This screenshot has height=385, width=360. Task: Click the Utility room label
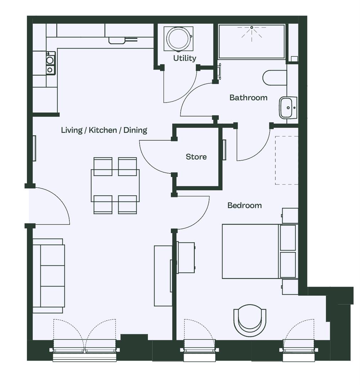point(185,58)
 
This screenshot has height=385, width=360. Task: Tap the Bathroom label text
point(249,97)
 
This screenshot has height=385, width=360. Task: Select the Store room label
point(196,156)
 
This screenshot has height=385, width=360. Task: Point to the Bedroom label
point(245,205)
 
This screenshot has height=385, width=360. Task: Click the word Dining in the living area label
point(135,130)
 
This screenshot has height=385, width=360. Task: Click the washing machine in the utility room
point(178,39)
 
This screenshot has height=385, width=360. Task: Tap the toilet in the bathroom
point(275,78)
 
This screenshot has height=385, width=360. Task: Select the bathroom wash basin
point(288,108)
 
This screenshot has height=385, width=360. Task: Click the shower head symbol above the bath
point(252,31)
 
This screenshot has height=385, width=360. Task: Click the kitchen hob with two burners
point(50,63)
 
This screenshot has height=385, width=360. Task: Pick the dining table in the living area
point(115,186)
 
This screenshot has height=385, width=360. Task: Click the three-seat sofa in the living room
point(49,276)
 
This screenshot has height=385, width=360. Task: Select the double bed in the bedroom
point(260,251)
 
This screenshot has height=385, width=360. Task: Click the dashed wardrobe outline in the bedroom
point(286,160)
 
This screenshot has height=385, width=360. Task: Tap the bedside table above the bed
point(290,216)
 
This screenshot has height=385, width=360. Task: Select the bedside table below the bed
point(290,287)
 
